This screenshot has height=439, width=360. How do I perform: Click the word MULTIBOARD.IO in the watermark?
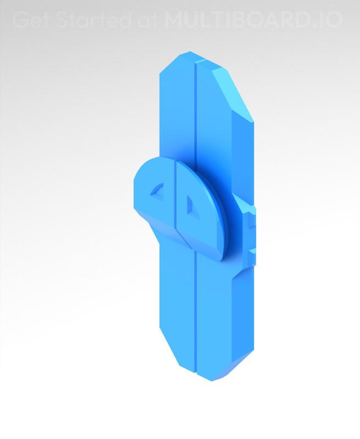(253, 20)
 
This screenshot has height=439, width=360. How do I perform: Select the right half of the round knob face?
(200, 209)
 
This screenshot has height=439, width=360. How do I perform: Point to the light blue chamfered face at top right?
(233, 93)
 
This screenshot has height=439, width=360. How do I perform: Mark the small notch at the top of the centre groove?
(194, 60)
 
